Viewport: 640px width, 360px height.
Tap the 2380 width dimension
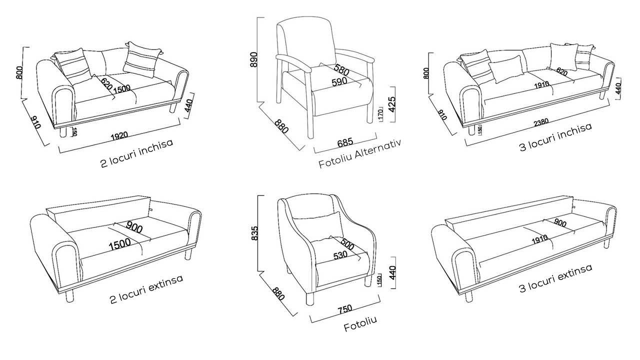pyautogui.click(x=541, y=122)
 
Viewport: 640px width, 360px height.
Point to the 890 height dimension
pyautogui.click(x=253, y=59)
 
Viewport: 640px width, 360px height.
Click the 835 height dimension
pyautogui.click(x=254, y=233)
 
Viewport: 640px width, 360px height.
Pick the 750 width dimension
pyautogui.click(x=345, y=309)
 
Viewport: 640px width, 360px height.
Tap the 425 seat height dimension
pyautogui.click(x=392, y=104)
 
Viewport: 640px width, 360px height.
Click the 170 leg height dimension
pyautogui.click(x=380, y=114)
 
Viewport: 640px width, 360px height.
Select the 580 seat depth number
pyautogui.click(x=341, y=70)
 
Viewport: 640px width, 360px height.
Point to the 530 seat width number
pyautogui.click(x=340, y=255)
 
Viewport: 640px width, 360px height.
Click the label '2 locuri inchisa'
pyautogui.click(x=137, y=153)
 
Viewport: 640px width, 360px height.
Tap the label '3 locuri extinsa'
pyautogui.click(x=555, y=278)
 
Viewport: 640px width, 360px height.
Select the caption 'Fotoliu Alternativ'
pyautogui.click(x=359, y=153)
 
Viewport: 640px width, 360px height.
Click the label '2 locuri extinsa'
pyautogui.click(x=146, y=289)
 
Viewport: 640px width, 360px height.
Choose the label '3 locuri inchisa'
pyautogui.click(x=555, y=137)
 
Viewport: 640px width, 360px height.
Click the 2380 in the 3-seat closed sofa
pyautogui.click(x=541, y=122)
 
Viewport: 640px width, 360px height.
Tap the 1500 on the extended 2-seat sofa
pyautogui.click(x=119, y=244)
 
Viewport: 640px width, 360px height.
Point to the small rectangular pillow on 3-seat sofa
pyautogui.click(x=505, y=69)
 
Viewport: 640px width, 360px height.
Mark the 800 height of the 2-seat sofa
pyautogui.click(x=19, y=73)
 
